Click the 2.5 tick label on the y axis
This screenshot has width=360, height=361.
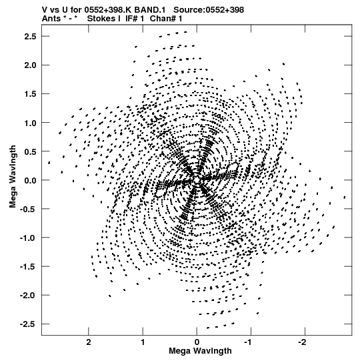[x=31, y=37]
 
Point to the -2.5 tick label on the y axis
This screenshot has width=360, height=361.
[x=28, y=324]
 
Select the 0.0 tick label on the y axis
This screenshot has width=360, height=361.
[x=31, y=180]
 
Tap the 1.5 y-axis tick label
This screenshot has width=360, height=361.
[x=31, y=94]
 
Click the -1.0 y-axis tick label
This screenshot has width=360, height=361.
[x=28, y=238]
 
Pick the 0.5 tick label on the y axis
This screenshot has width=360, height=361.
[x=31, y=151]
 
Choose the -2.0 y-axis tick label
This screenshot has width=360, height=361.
[x=28, y=295]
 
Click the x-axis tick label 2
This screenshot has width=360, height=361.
[x=89, y=342]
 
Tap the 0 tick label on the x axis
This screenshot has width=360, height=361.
[x=197, y=342]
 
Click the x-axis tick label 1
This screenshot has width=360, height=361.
[x=143, y=342]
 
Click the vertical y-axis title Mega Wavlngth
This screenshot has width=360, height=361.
[x=13, y=177]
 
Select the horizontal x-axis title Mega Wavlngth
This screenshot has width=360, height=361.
[x=200, y=351]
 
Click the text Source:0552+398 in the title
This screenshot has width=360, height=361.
[x=209, y=10]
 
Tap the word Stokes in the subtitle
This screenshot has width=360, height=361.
[x=101, y=19]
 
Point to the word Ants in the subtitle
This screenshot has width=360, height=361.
[x=51, y=19]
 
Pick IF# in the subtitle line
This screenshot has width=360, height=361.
[x=131, y=19]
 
